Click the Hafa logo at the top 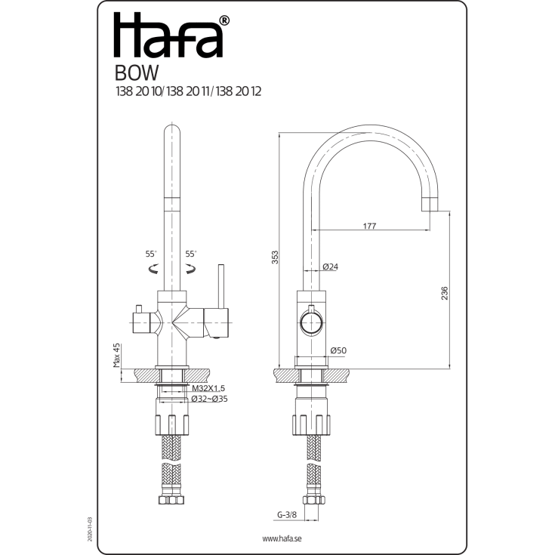171,35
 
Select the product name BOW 137,73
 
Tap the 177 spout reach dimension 369,226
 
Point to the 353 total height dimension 275,257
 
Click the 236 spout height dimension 444,293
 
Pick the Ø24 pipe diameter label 331,267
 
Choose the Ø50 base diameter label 338,350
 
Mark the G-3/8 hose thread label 287,515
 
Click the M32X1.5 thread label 208,388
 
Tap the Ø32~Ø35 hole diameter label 209,399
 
